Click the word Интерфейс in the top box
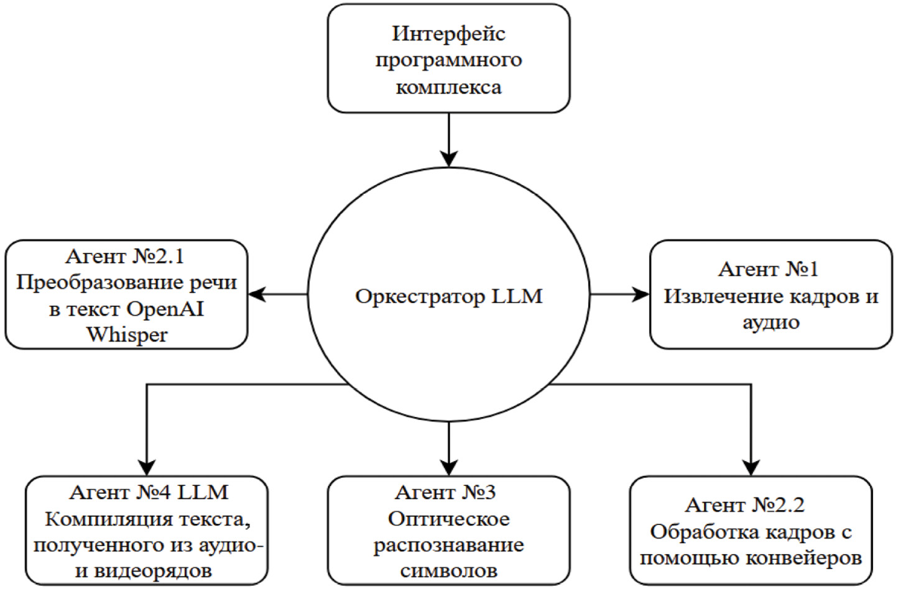tap(448, 34)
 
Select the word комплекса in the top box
tap(448, 87)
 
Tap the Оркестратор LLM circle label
tap(448, 296)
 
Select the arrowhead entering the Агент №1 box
tap(641, 294)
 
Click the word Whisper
tap(127, 335)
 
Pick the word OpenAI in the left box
tap(165, 309)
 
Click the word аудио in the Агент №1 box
tap(771, 322)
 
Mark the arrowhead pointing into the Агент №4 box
tap(147, 467)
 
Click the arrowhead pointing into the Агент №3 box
tap(448, 467)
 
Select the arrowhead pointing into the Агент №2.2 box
tap(751, 467)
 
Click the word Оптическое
tap(448, 519)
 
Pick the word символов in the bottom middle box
tap(448, 571)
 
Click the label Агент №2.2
tap(745, 505)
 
